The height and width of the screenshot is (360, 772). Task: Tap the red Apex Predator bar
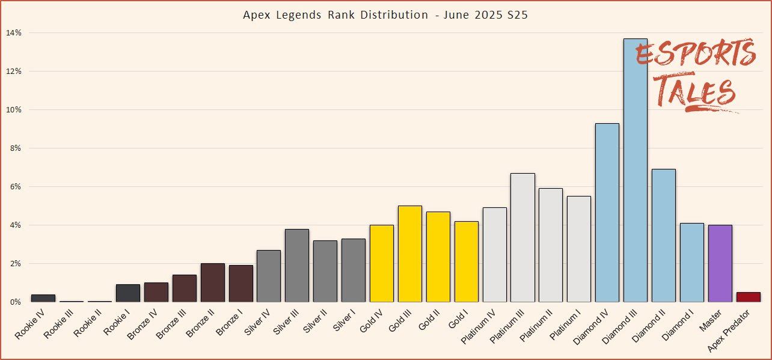pos(748,297)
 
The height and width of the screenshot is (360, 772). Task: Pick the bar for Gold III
pos(409,254)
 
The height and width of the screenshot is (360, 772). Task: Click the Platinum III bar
pos(522,237)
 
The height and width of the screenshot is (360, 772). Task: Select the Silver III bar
pos(297,265)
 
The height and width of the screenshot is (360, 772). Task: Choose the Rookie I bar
pos(128,293)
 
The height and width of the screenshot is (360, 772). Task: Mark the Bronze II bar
pos(212,282)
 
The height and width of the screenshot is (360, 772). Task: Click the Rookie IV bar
pos(43,298)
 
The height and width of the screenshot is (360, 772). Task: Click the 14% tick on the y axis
pos(14,32)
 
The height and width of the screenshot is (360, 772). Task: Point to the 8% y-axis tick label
pos(14,148)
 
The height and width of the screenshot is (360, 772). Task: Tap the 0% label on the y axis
pos(14,302)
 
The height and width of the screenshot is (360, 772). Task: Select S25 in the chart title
pos(515,15)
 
